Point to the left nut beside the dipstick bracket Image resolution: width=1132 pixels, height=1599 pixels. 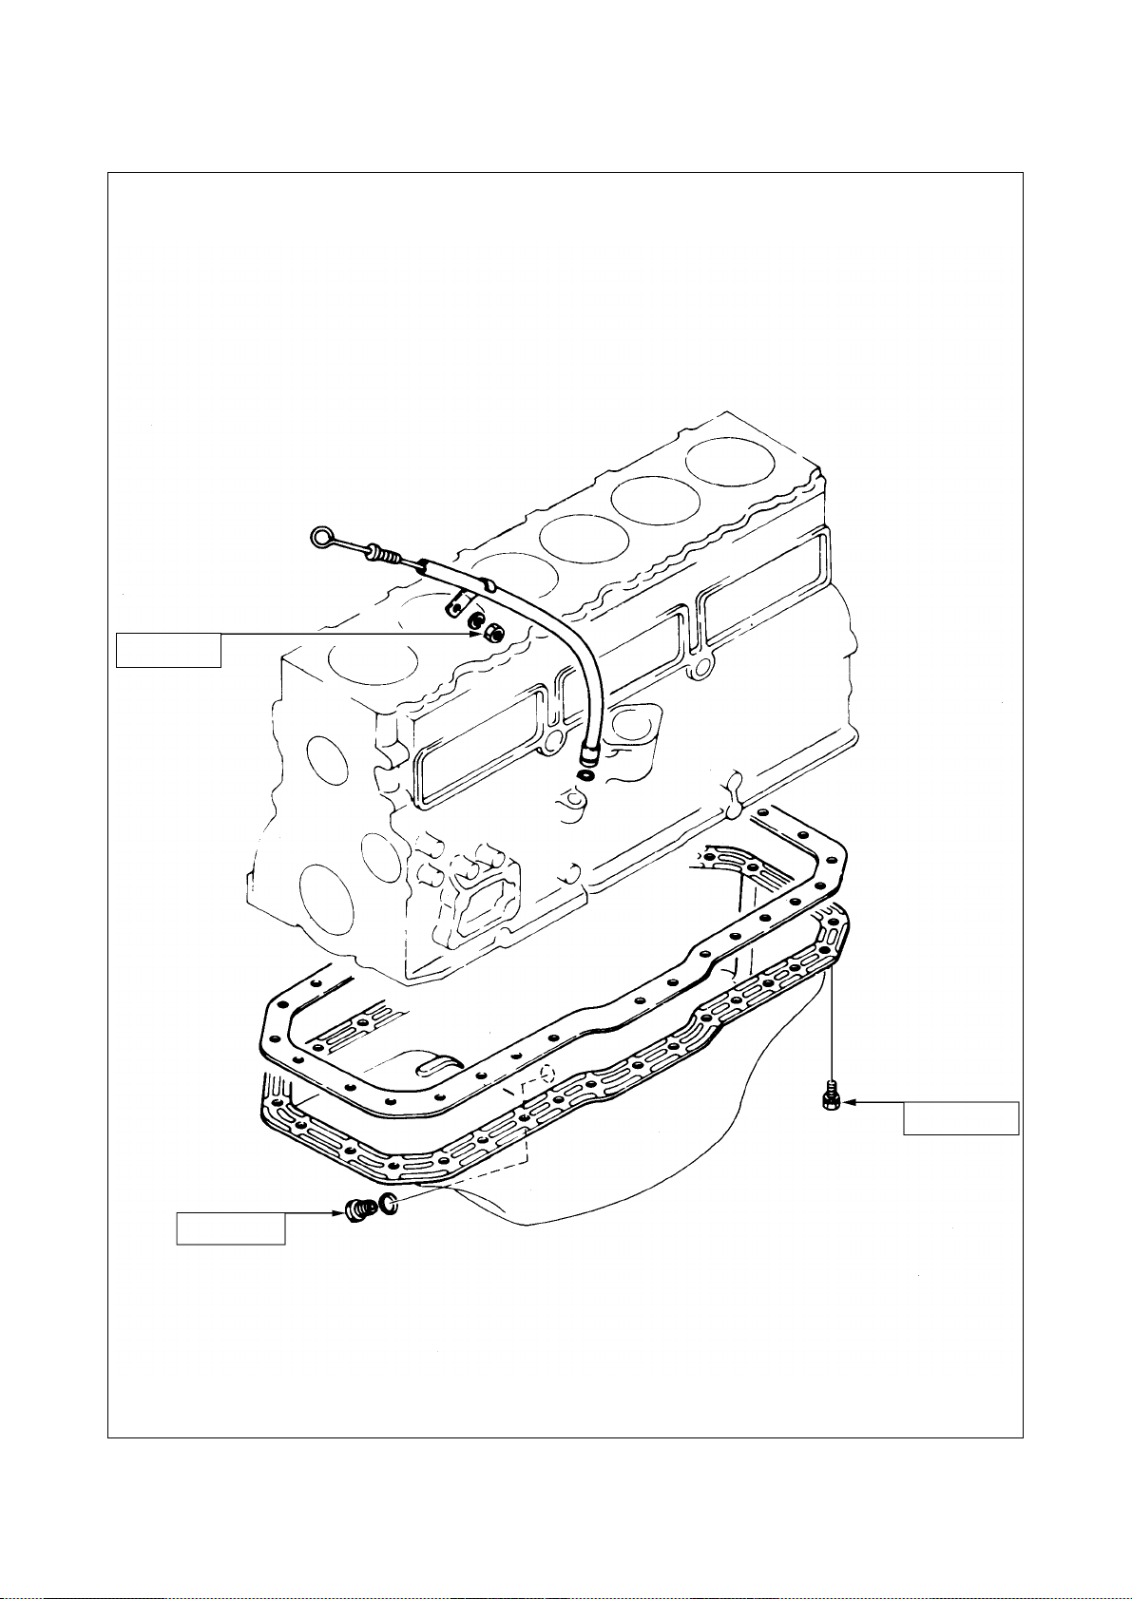click(x=475, y=624)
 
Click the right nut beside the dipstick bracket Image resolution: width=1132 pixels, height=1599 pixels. click(x=493, y=632)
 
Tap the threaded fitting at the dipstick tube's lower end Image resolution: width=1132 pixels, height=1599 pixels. click(x=589, y=756)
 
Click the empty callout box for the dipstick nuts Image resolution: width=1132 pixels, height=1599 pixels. click(x=168, y=650)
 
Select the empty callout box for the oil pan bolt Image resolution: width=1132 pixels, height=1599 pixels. click(x=961, y=1118)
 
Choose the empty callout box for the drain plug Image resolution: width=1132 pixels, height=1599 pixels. click(x=231, y=1228)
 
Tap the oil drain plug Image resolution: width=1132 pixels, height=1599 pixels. click(x=357, y=1209)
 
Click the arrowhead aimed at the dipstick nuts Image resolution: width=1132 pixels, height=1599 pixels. click(x=478, y=633)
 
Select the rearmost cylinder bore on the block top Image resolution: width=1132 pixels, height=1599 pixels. click(x=730, y=462)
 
